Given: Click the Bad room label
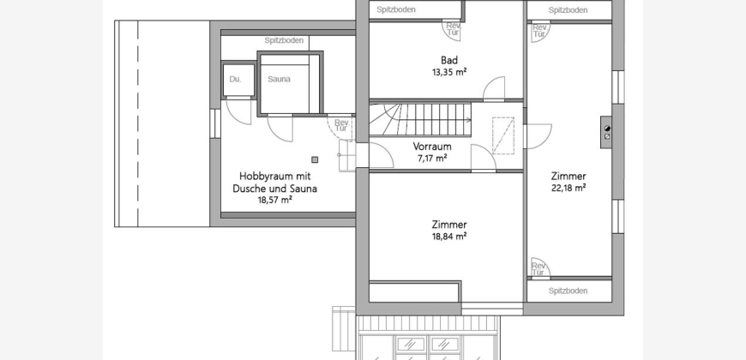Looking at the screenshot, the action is click(x=449, y=60).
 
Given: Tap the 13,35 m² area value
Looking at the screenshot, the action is click(x=448, y=72).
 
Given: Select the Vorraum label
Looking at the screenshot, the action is click(x=432, y=147).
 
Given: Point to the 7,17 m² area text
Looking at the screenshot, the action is click(x=432, y=158).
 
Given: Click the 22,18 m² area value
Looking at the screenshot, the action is click(x=568, y=188).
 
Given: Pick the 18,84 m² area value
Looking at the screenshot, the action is click(x=448, y=236).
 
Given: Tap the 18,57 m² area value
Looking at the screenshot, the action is click(x=274, y=201).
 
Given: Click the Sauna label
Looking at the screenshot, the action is click(x=279, y=80).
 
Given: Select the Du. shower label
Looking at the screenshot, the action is click(x=236, y=80).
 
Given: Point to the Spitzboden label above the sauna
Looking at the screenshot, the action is click(x=284, y=40).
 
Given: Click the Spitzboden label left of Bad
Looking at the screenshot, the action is click(x=396, y=9).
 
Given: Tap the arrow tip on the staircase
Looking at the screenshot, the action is click(x=471, y=120).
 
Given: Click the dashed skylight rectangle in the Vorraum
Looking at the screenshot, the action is click(x=503, y=135).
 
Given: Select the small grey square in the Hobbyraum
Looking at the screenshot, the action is click(x=315, y=159).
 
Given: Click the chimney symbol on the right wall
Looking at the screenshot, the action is click(x=606, y=132).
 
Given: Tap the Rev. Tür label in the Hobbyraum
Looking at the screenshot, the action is click(x=341, y=125).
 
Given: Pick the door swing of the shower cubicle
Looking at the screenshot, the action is click(x=238, y=111).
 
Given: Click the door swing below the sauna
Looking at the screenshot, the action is click(x=280, y=129).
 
